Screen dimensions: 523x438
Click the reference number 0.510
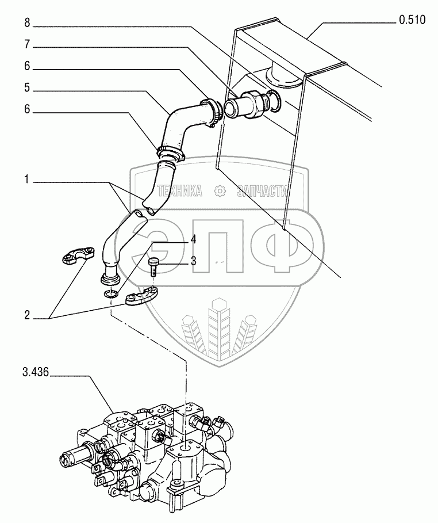[x=411, y=21]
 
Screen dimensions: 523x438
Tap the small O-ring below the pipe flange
[x=112, y=295]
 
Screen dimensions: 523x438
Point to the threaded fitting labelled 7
[x=245, y=106]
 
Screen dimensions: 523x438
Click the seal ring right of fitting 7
[x=275, y=102]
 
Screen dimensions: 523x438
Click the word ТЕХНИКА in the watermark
[x=179, y=192]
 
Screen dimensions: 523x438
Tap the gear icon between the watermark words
[x=219, y=192]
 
